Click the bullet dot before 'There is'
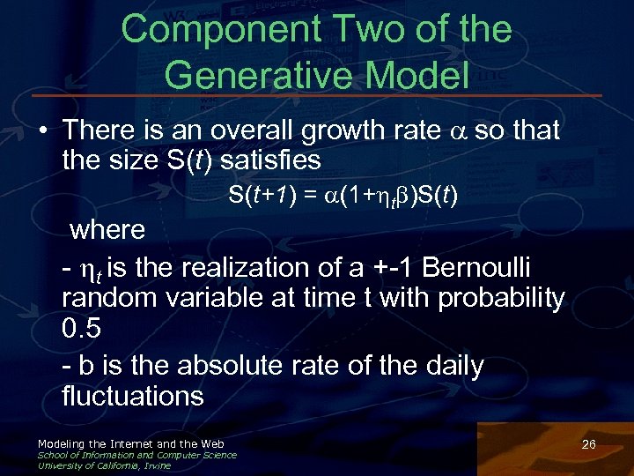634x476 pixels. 41,131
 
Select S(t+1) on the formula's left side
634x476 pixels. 265,195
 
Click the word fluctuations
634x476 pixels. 133,396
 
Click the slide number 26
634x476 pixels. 589,444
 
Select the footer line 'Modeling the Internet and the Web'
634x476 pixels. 130,443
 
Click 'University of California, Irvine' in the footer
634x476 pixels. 104,465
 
